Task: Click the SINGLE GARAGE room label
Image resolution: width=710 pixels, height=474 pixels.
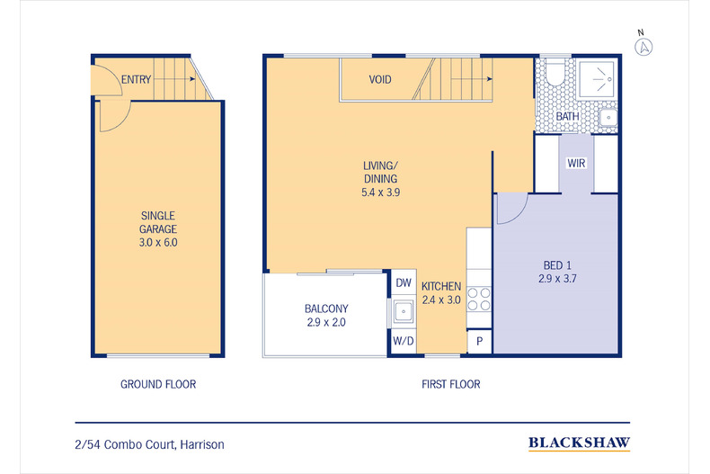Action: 158,229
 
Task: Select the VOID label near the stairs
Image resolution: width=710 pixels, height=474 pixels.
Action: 380,80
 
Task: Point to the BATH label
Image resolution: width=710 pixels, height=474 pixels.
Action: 567,117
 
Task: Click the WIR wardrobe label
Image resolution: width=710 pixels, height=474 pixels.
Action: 576,164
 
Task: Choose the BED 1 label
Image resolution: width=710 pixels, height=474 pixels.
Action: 557,273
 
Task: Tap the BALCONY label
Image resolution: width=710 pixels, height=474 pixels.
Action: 326,316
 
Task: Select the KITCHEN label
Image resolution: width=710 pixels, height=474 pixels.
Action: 441,292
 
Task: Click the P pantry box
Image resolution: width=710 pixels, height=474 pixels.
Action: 479,342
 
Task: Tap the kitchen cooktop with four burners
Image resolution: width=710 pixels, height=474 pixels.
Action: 479,298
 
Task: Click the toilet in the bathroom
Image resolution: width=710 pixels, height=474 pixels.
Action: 554,74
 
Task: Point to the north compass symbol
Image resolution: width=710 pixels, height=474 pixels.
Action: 643,46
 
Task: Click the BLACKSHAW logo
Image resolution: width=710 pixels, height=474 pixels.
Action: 578,443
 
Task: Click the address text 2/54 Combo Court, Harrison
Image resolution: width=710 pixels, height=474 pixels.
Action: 150,444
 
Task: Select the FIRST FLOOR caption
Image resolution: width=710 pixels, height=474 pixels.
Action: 451,384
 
